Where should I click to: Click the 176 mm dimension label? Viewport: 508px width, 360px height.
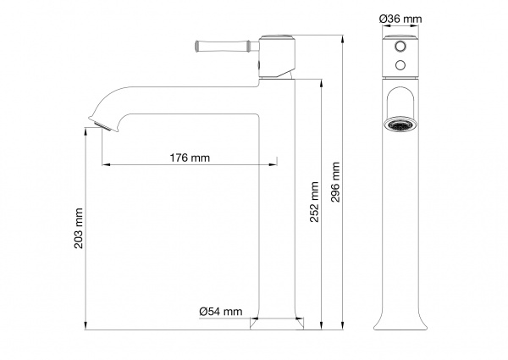[x=190, y=158]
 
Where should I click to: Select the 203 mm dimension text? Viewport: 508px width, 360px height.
[x=79, y=229]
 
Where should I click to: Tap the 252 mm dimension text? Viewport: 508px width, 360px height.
[x=314, y=202]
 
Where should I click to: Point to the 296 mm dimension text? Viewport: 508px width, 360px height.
[x=335, y=182]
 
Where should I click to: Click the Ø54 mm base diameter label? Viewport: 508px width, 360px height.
[x=221, y=312]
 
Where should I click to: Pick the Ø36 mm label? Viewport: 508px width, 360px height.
[x=400, y=19]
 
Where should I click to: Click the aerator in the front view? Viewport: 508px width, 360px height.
[x=400, y=125]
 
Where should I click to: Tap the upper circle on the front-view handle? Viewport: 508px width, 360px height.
[x=400, y=46]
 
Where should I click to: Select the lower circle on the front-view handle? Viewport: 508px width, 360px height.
[x=400, y=65]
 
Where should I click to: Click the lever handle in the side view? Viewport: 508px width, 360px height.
[x=227, y=46]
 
